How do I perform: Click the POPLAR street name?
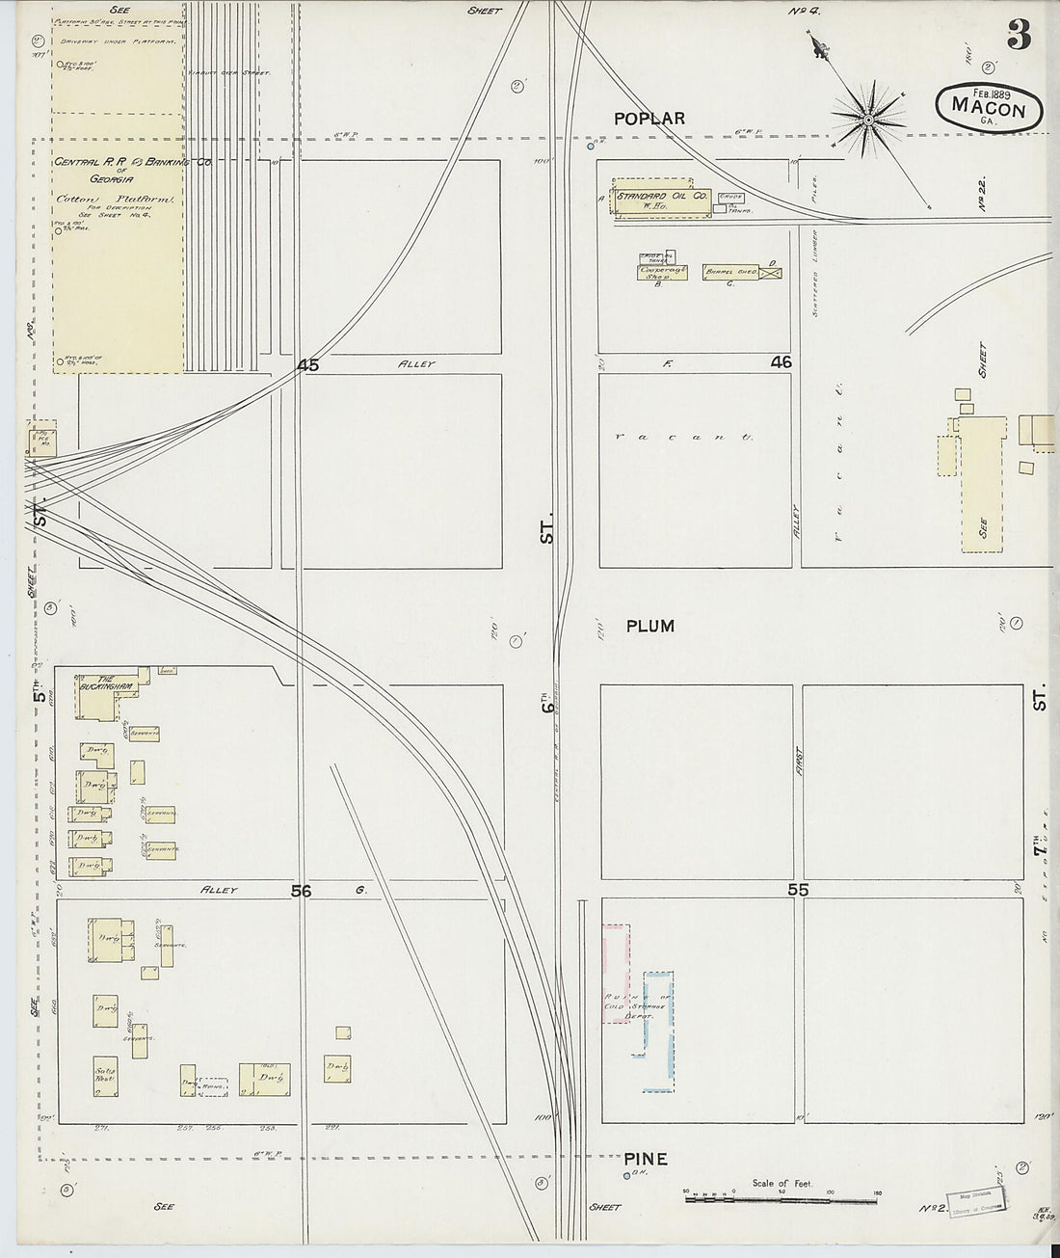pos(650,119)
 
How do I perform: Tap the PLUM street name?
pos(649,627)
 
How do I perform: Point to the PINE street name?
pos(645,1159)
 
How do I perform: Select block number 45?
pos(307,365)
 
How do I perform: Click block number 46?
pos(781,362)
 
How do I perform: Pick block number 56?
pos(302,892)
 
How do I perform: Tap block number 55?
pos(797,891)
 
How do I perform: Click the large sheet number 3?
pos(1019,37)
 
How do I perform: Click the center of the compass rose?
pos(868,120)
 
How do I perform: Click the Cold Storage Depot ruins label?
pos(630,1008)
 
